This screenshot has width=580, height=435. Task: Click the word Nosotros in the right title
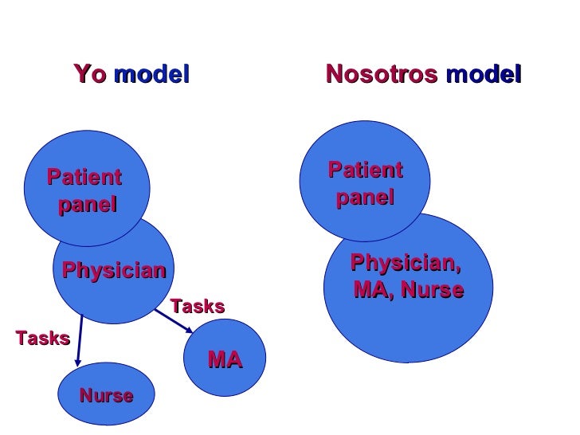coord(382,76)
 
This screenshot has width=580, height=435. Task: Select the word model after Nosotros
coord(484,76)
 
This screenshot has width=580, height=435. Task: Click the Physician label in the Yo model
coord(114,271)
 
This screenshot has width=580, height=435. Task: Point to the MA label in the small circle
coord(225,361)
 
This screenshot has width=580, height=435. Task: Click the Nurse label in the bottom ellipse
coord(106,396)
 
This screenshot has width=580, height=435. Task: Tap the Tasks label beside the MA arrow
coord(198,307)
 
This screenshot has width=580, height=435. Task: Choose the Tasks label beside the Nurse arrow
coord(43,338)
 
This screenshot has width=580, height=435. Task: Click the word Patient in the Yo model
coord(84,177)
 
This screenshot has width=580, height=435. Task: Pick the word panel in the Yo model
coord(88,205)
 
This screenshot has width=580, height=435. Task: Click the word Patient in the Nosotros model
coord(366,170)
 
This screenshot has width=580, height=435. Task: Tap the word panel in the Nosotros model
coord(365,198)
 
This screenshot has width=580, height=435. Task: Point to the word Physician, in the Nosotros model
coord(406,262)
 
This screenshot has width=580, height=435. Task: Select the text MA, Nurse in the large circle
coord(409,290)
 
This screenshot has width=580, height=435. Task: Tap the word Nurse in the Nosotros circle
coord(432,290)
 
